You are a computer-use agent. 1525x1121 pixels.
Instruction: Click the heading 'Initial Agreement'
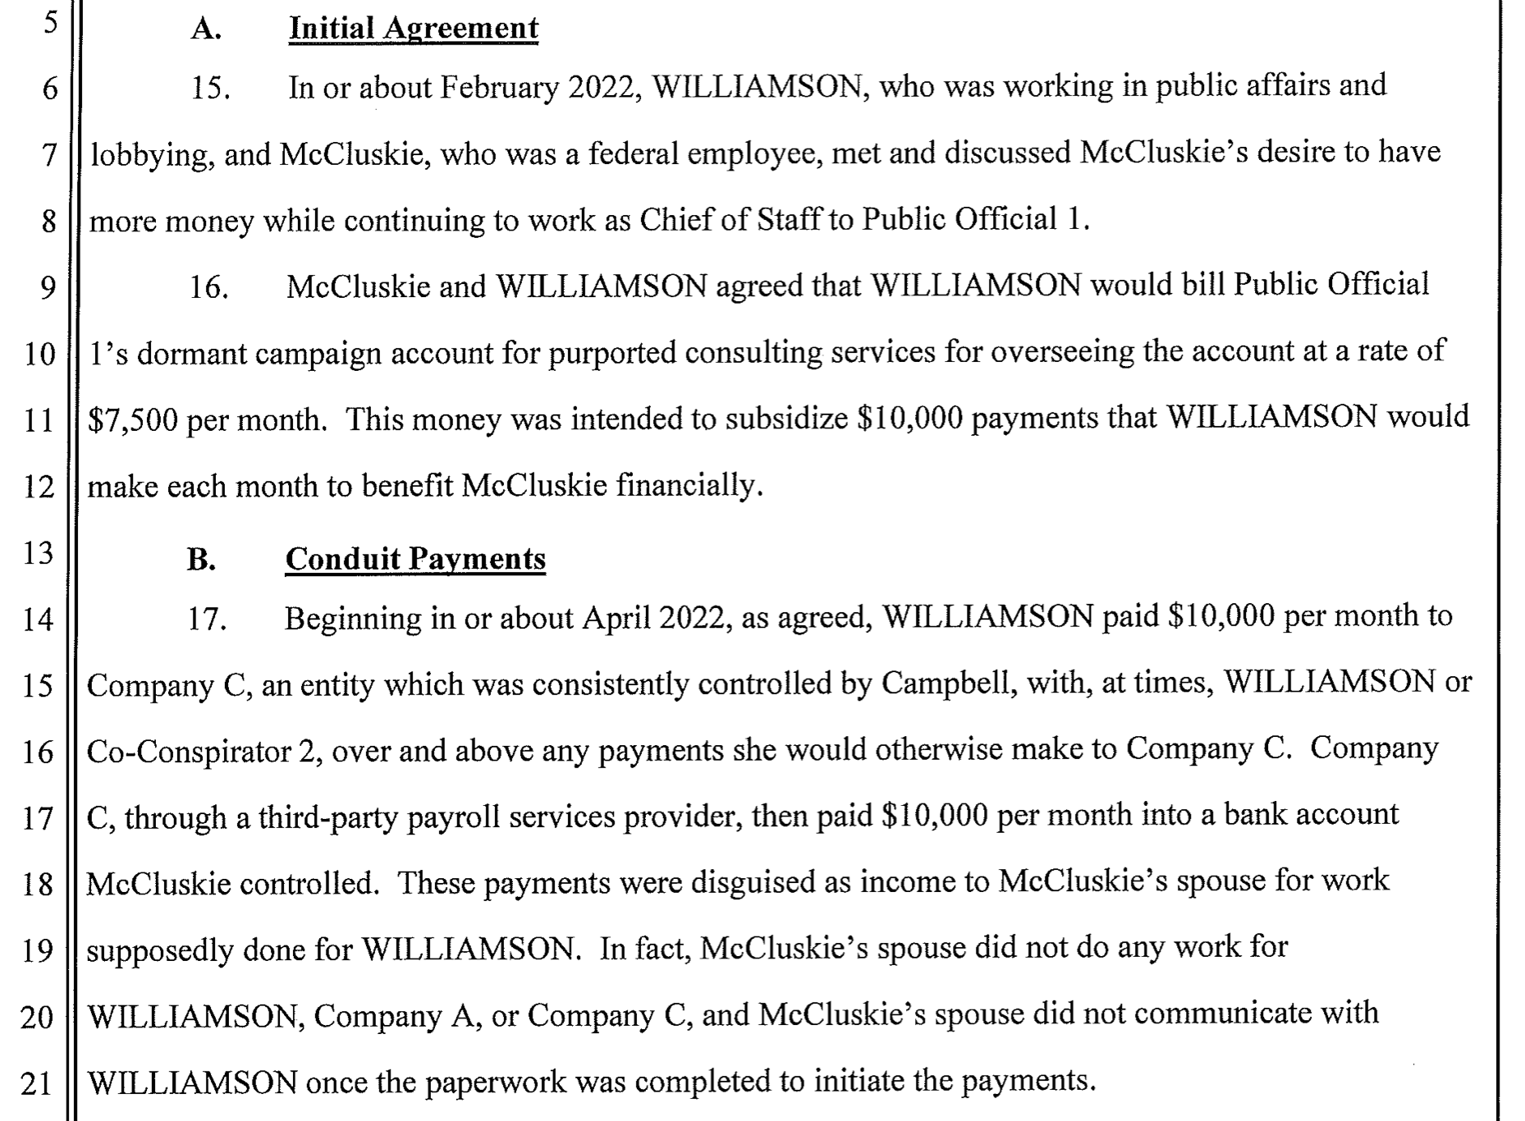[414, 29]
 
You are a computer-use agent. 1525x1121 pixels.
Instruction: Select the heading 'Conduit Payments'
[415, 559]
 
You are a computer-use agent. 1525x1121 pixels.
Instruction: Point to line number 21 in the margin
[37, 1084]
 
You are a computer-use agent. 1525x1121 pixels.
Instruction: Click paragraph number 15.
[210, 88]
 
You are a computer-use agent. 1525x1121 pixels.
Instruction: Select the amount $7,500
[132, 420]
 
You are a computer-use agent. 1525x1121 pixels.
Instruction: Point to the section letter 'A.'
[206, 30]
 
